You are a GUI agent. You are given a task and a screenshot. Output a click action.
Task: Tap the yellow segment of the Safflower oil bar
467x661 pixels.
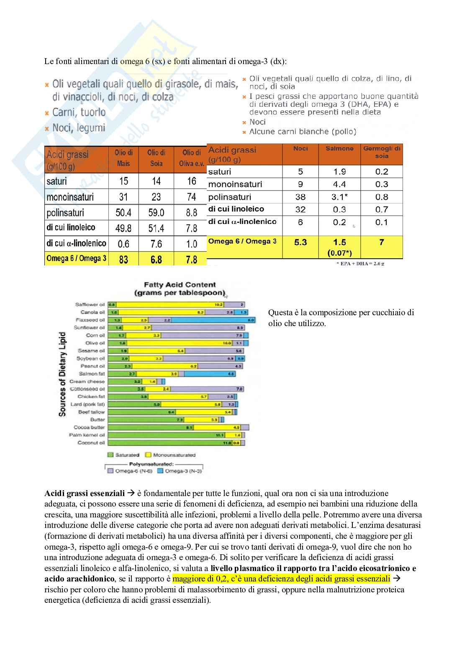click(x=167, y=304)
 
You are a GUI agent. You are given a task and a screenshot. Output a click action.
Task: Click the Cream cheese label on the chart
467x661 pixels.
click(x=87, y=381)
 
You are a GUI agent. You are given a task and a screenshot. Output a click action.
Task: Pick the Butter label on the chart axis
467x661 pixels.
click(x=97, y=419)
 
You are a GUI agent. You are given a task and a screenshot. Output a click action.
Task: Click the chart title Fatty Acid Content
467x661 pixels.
click(x=180, y=285)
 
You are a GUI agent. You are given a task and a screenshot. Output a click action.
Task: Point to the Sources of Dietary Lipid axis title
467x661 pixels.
click(x=62, y=374)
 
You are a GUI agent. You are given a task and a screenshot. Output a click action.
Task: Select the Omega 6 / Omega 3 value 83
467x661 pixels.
click(x=123, y=260)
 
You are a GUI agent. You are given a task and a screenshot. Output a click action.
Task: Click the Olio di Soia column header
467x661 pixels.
click(x=156, y=158)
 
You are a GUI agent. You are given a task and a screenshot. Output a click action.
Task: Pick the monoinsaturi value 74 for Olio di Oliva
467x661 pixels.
click(x=191, y=197)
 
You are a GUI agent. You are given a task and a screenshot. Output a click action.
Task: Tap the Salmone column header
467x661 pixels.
click(x=339, y=149)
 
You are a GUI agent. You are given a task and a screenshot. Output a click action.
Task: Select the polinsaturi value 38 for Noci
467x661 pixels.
click(x=300, y=197)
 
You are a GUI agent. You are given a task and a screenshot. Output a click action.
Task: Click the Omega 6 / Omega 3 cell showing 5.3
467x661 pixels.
click(x=300, y=242)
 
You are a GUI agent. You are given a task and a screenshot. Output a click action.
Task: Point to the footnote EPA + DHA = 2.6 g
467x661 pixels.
click(x=360, y=264)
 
